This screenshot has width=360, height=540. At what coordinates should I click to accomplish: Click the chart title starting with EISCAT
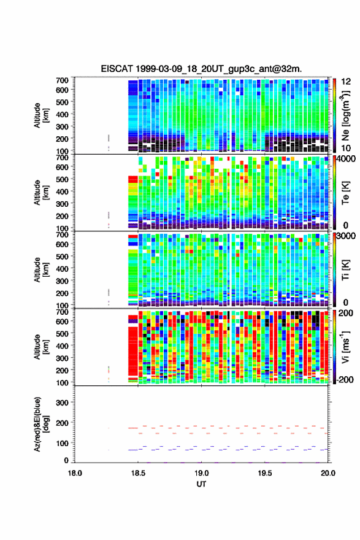coord(201,69)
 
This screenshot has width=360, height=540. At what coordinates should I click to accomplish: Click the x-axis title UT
coord(201,484)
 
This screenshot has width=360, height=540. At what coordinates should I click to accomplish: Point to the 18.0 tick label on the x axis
coord(75,473)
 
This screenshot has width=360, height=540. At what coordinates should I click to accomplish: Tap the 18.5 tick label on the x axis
coord(138,473)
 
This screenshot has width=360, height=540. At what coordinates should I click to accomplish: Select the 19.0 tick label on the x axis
coord(201,473)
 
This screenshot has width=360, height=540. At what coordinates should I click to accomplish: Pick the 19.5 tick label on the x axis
coord(265,473)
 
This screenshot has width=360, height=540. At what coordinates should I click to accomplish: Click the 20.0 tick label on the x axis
coord(328,473)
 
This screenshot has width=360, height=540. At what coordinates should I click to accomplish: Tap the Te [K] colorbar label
coord(345,193)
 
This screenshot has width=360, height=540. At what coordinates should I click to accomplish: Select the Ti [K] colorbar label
coord(345,270)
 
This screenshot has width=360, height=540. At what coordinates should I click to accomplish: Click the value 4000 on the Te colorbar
coord(346,159)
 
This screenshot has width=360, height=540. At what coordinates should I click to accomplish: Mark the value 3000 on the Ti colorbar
coord(346,236)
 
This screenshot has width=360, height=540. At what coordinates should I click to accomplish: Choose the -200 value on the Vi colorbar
coord(345,380)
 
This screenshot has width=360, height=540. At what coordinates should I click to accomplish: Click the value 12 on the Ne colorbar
coord(346,82)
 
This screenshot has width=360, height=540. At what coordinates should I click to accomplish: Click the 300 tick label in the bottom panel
coord(63,403)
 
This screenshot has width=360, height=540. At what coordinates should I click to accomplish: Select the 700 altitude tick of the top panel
coord(63,80)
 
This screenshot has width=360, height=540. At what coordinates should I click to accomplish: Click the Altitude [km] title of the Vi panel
coord(41,347)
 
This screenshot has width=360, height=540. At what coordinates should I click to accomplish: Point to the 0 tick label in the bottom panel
coord(66,460)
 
